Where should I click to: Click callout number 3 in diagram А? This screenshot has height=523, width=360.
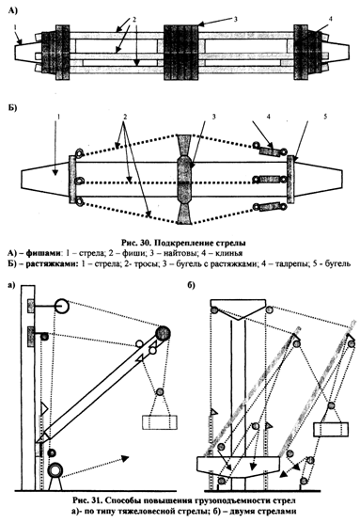tap(235, 19)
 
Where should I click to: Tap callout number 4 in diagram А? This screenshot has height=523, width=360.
tap(330, 19)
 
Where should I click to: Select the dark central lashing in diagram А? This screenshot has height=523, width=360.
tap(181, 52)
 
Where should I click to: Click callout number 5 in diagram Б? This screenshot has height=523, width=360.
tap(325, 116)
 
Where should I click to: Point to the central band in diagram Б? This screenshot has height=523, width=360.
tap(184, 180)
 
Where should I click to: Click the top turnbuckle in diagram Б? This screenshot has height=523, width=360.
tap(271, 151)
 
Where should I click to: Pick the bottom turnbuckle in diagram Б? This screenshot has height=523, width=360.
tap(270, 207)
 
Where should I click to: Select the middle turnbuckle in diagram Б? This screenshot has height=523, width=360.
tap(269, 180)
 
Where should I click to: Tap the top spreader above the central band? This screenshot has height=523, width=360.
tap(184, 145)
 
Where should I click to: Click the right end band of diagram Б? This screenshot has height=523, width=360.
tap(290, 179)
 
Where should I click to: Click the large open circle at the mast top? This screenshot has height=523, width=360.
tap(61, 307)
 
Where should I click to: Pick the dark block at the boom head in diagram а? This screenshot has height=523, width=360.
tap(163, 333)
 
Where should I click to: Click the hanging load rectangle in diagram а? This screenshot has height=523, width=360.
tap(160, 422)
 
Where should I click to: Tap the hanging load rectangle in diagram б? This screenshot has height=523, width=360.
tap(331, 429)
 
